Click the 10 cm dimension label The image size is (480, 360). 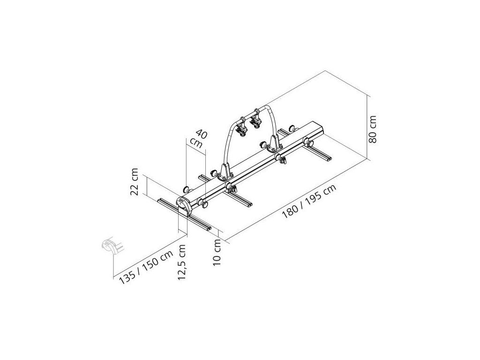(x=217, y=254)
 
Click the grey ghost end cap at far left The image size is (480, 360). (x=109, y=245)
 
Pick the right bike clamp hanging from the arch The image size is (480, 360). (x=256, y=120)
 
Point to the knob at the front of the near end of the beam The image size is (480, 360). (x=205, y=203)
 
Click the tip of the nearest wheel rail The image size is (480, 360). (x=210, y=229)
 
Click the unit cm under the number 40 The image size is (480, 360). (x=196, y=143)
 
